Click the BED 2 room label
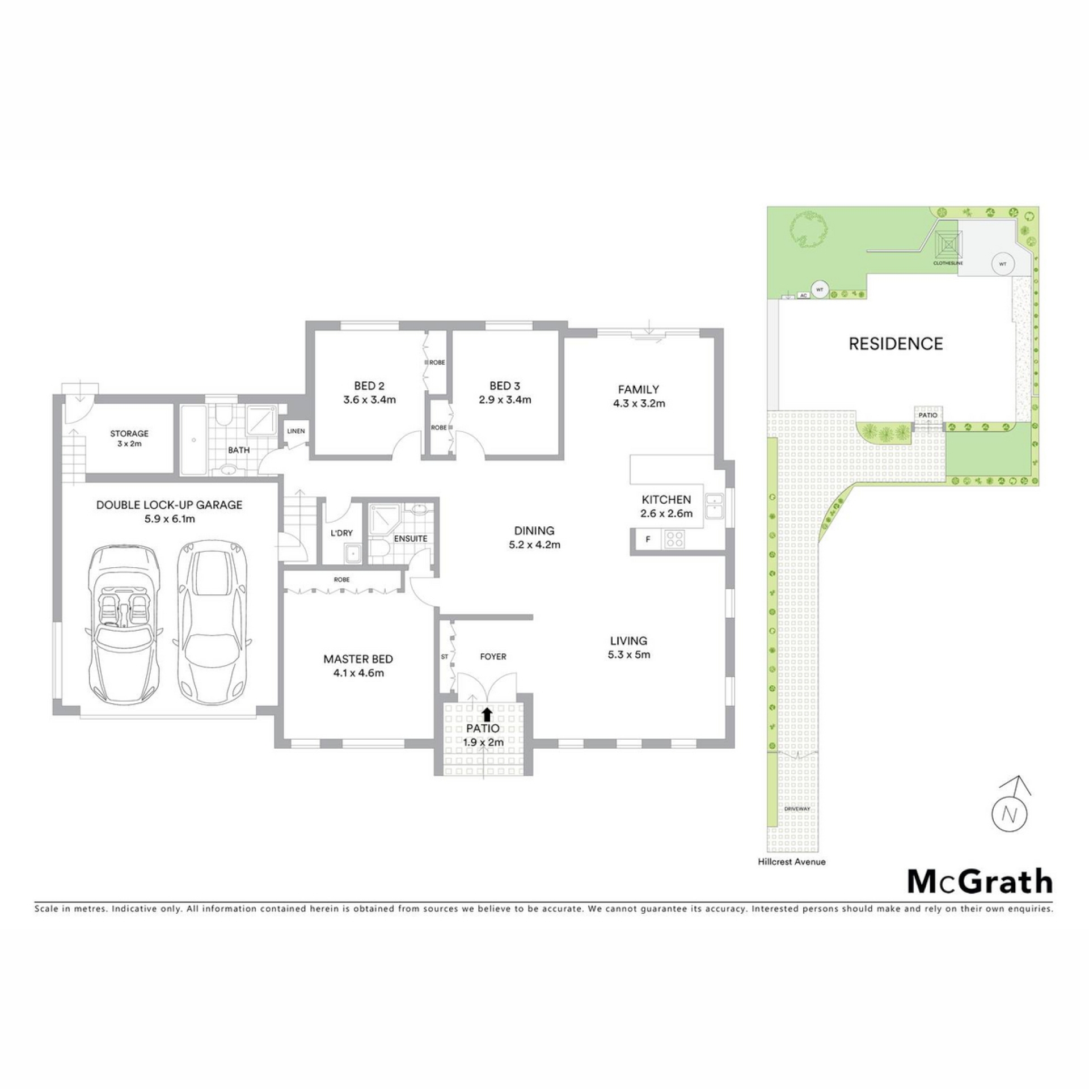pos(369,386)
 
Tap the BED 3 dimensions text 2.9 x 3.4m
pos(504,400)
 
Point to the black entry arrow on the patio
pos(487,714)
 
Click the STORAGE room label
pos(129,433)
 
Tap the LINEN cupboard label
pos(296,431)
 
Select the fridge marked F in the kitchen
pos(647,539)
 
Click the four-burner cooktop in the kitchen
pos(674,539)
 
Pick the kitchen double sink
pos(714,506)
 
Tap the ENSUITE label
pos(411,538)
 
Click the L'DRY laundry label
pos(341,533)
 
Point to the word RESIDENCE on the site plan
pos(896,343)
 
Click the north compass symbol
pos(1009,809)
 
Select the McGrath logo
pos(980,881)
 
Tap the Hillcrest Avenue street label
pos(792,862)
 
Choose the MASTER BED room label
pos(358,659)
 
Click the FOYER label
pos(493,656)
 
